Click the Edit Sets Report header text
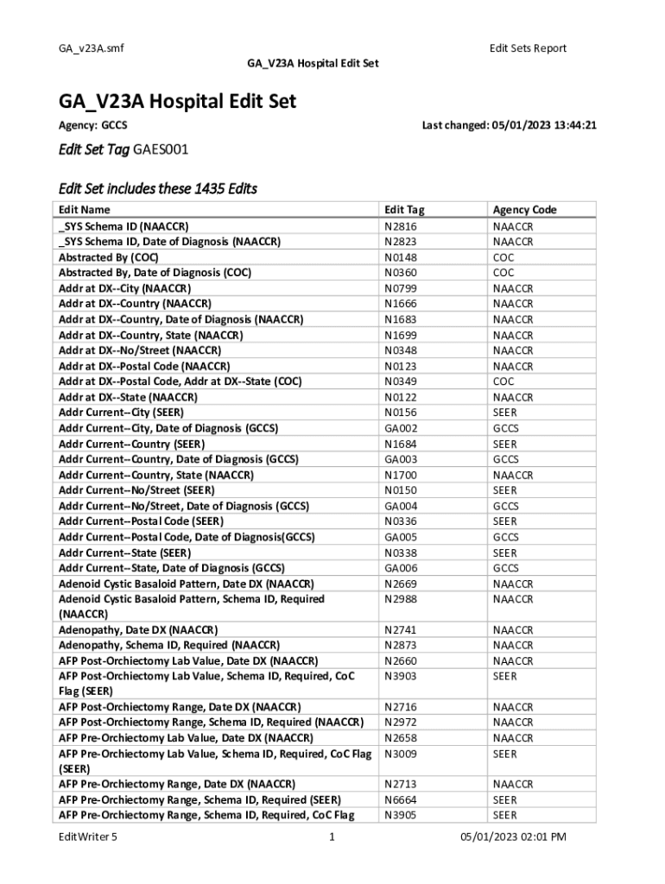[x=528, y=48]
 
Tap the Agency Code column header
[x=524, y=210]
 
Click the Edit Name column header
[x=85, y=210]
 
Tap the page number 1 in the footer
[x=332, y=837]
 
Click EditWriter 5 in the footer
[x=86, y=837]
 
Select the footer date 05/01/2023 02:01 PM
[x=513, y=837]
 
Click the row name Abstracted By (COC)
[x=108, y=257]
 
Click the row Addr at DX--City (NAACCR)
[x=124, y=288]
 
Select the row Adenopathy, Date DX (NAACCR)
[x=138, y=630]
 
